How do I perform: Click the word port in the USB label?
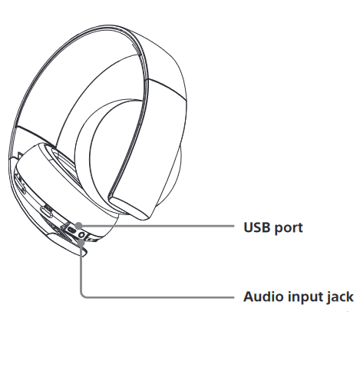point(289,228)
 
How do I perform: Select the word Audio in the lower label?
point(263,297)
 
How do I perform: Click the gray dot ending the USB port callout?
point(79,226)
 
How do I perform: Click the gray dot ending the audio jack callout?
point(81,242)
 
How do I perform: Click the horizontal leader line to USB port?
point(157,226)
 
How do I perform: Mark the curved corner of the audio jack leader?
point(82,295)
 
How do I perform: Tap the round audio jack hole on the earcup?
point(82,234)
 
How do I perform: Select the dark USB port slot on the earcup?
point(71,230)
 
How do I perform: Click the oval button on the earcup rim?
point(47,211)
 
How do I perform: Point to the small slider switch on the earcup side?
point(22,188)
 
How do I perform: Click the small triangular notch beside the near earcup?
point(20,155)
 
